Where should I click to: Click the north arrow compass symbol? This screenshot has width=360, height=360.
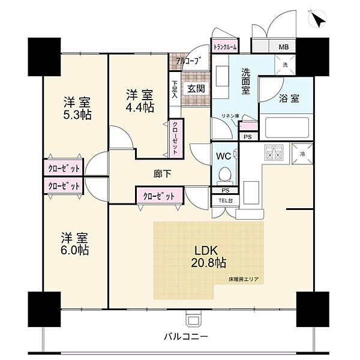coord(318,20)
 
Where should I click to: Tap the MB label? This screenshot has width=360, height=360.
coord(282,46)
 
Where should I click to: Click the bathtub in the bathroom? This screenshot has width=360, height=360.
coord(284,127)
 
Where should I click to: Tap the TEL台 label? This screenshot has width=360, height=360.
coord(226,200)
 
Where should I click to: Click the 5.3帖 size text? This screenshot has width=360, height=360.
coord(78,115)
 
